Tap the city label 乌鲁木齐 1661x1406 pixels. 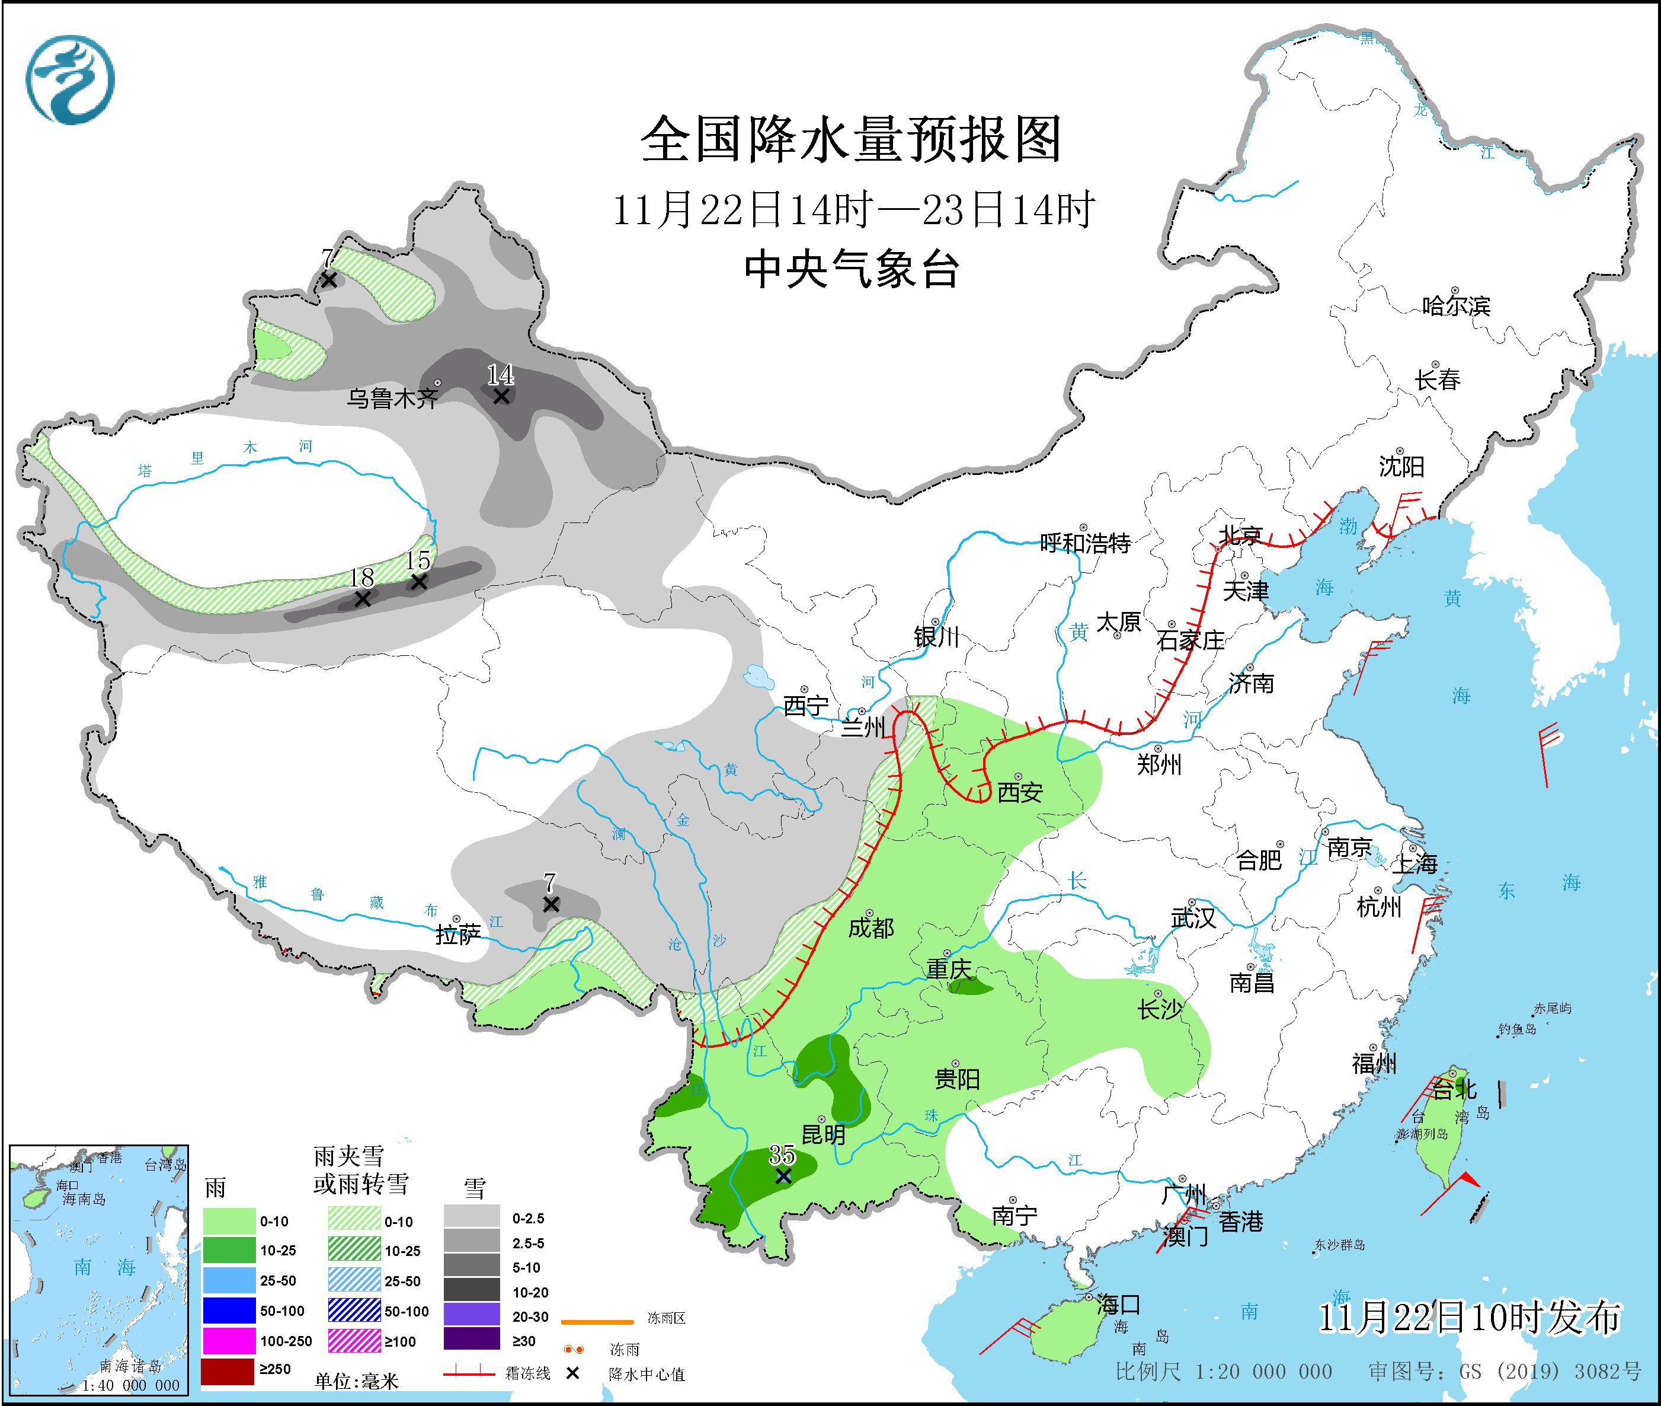392,398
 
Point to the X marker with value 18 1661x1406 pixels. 363,598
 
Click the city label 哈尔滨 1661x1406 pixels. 1456,306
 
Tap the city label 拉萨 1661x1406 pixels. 458,935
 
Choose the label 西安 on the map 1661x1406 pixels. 1020,792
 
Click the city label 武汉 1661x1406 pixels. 1193,918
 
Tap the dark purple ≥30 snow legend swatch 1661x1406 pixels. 472,1341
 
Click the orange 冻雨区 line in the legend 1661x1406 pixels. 597,1322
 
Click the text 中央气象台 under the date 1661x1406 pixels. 851,269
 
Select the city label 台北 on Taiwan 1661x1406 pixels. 1455,1088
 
